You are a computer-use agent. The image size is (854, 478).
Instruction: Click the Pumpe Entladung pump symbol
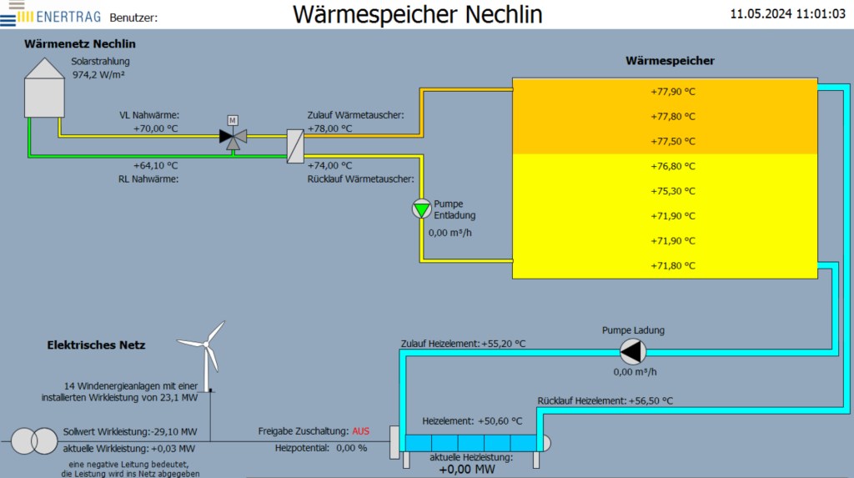click(422, 209)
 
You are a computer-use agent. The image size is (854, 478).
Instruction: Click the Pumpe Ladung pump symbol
click(633, 351)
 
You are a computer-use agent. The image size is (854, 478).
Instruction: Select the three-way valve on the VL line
click(233, 136)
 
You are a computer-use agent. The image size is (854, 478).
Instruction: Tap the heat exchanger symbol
click(295, 146)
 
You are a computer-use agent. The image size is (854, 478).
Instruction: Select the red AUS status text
click(360, 431)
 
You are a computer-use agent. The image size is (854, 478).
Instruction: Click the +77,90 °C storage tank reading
click(673, 92)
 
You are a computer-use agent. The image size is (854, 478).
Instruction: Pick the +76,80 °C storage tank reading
click(673, 166)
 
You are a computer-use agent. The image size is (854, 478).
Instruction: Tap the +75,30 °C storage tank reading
click(673, 191)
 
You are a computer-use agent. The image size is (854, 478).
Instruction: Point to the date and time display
click(787, 14)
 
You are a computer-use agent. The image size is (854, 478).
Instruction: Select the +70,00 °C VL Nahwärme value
click(155, 129)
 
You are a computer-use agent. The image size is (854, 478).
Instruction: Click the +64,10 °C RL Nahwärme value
click(155, 165)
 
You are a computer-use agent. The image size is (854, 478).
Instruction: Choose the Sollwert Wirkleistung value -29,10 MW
click(173, 432)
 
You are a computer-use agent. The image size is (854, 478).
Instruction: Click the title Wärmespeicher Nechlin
click(417, 14)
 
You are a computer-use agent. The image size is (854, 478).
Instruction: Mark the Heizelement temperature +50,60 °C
click(500, 421)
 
